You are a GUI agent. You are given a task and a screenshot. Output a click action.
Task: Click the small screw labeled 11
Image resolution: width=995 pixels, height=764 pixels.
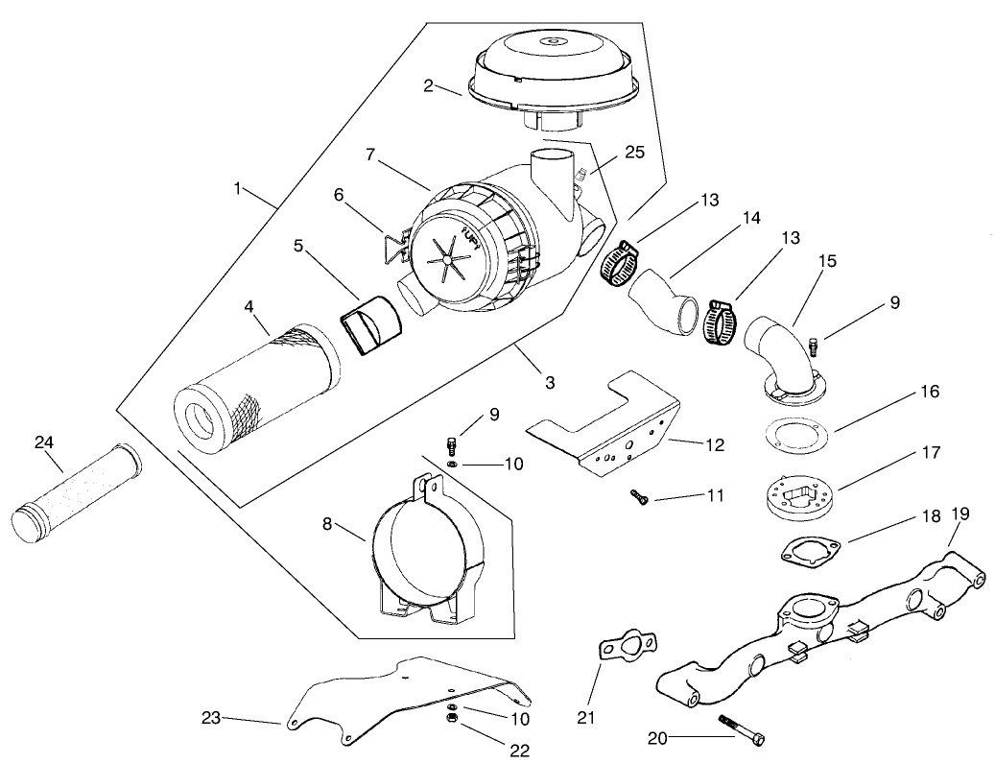tap(640, 495)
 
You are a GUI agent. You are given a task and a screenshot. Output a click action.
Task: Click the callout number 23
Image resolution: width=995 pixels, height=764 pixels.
tap(212, 718)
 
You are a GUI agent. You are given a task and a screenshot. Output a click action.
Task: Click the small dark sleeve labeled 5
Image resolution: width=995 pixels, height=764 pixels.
tap(372, 329)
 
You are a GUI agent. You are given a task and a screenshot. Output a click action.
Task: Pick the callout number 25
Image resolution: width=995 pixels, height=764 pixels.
tap(634, 152)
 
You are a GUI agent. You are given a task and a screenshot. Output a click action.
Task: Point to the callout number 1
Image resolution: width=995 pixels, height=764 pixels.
tap(237, 188)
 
